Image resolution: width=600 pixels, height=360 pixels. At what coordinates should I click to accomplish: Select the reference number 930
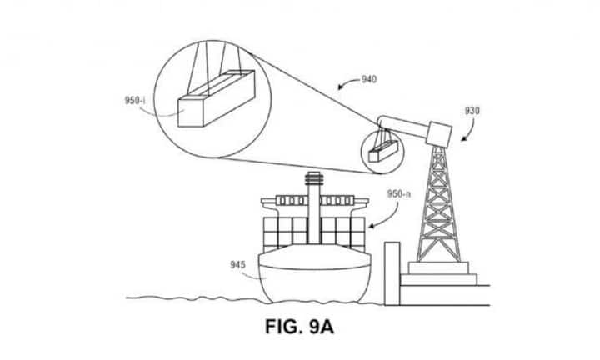pyautogui.click(x=472, y=110)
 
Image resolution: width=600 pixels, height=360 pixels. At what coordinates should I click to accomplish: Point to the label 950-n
pyautogui.click(x=399, y=193)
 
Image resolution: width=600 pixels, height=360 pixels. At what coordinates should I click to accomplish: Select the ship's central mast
pyautogui.click(x=314, y=208)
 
